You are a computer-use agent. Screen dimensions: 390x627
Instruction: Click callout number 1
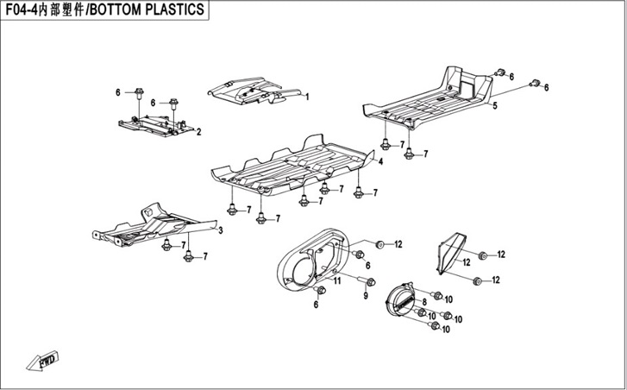[306, 95]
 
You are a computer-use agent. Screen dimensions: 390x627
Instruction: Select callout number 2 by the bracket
[198, 132]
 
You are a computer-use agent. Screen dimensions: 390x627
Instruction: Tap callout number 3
[220, 231]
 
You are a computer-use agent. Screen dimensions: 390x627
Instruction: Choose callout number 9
[365, 296]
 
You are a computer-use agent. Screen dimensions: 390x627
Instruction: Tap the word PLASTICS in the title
[172, 9]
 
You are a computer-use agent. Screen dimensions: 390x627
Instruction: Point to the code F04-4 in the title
[23, 9]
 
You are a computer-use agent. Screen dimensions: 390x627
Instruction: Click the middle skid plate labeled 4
[293, 166]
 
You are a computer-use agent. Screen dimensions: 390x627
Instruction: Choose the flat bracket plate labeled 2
[155, 126]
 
